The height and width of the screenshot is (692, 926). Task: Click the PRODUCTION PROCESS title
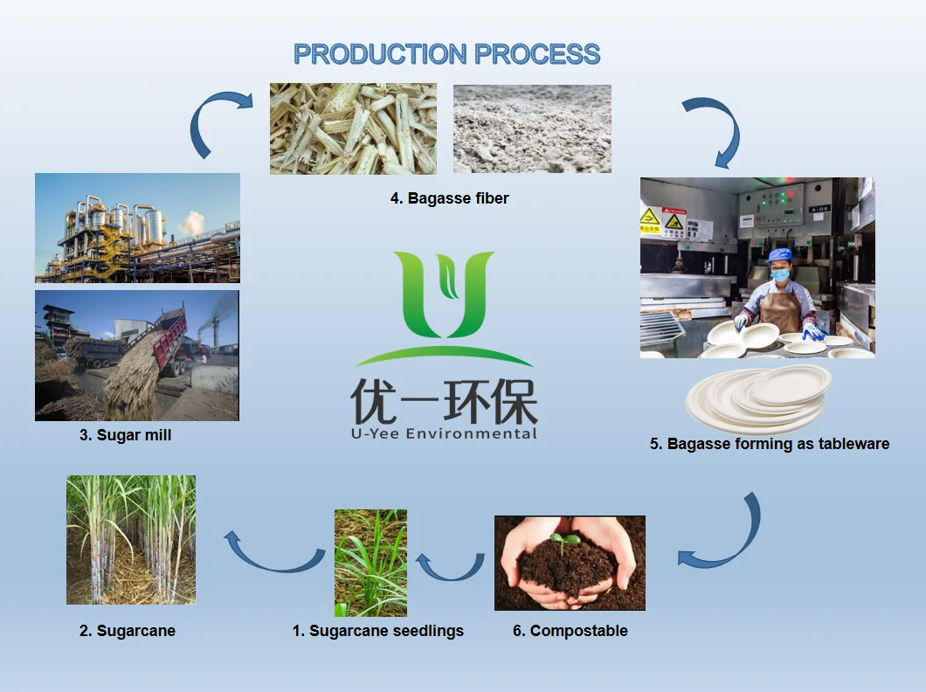(x=446, y=54)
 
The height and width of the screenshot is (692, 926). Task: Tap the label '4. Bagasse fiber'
(x=449, y=198)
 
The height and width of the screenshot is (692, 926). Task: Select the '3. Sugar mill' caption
(x=125, y=434)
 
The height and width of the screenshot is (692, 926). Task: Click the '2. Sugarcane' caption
(x=127, y=631)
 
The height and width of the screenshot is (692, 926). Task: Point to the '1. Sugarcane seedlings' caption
(x=377, y=631)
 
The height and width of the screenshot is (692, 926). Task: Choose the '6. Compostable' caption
(x=570, y=631)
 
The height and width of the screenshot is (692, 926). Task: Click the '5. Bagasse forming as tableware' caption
(x=769, y=444)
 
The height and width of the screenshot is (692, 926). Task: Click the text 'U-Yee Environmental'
(x=444, y=433)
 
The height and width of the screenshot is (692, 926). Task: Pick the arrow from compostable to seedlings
(x=450, y=565)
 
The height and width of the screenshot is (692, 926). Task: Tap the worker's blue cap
(x=778, y=255)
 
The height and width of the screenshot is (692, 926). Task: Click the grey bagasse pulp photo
(x=531, y=128)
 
